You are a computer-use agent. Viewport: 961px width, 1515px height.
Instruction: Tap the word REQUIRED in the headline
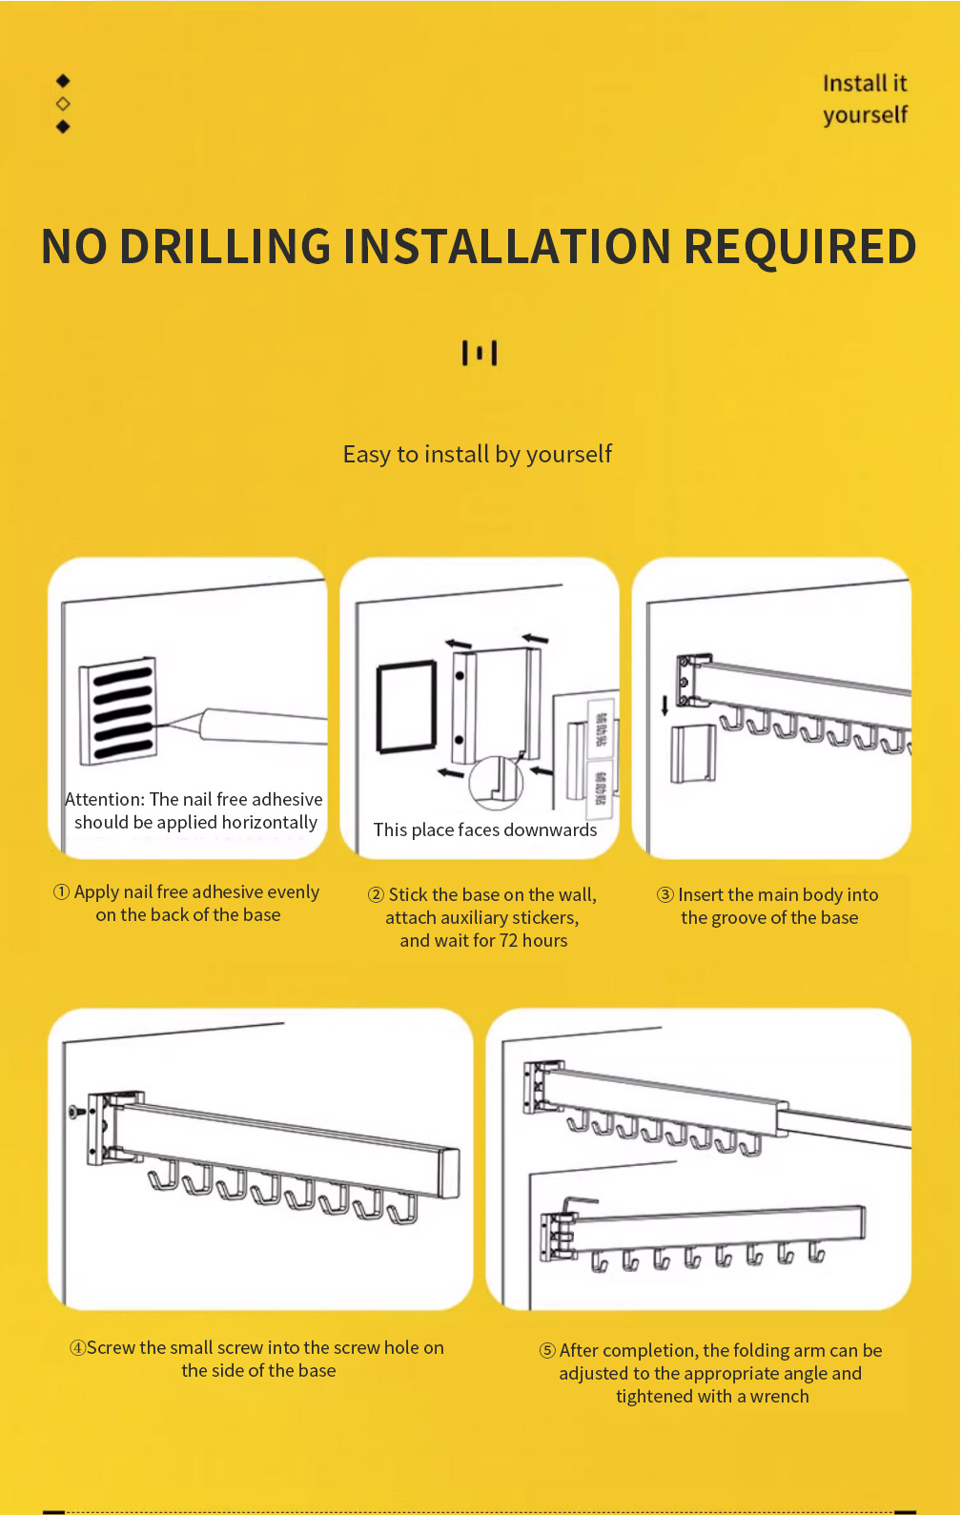[x=800, y=247]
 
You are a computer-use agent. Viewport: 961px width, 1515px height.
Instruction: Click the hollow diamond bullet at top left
[x=63, y=103]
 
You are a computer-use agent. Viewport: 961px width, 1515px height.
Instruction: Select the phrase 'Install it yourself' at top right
[x=864, y=99]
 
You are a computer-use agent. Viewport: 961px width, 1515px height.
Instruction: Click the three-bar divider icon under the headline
[x=480, y=353]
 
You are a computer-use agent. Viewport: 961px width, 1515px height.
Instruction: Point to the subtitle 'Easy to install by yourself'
[x=477, y=454]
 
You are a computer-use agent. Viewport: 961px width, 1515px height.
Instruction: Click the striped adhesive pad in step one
[x=118, y=710]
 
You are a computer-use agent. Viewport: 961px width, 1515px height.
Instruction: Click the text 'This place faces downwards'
[x=484, y=829]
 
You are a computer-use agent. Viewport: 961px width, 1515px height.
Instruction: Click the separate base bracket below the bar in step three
[x=692, y=752]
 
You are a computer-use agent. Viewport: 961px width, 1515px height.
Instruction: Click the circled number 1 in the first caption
[x=61, y=891]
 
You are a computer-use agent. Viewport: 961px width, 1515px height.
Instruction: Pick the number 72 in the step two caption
[x=508, y=940]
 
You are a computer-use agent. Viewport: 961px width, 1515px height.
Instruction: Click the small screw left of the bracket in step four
[x=76, y=1112]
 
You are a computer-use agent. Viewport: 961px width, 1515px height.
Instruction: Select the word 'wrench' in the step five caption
[x=779, y=1396]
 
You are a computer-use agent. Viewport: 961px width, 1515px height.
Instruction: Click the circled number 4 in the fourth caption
[x=77, y=1347]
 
